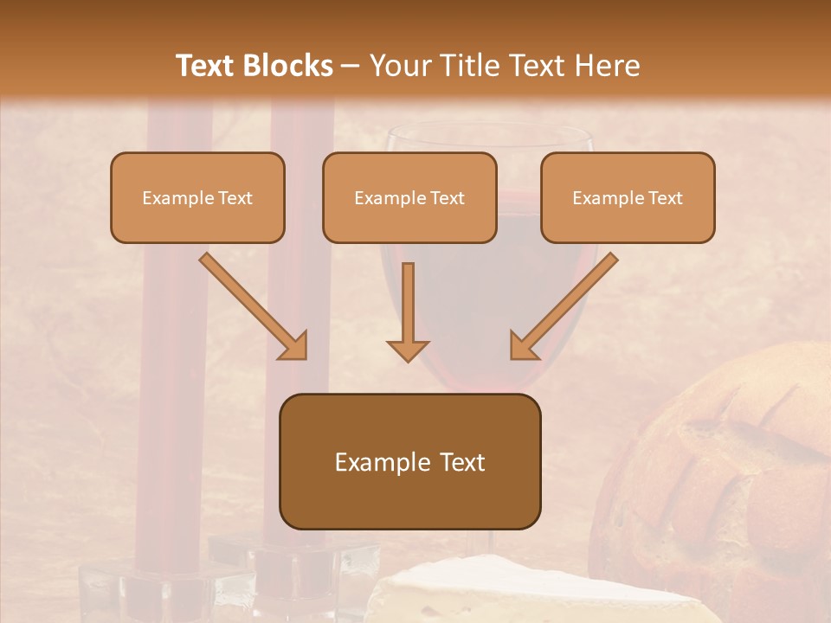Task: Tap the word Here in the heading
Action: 607,66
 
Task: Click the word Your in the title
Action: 398,66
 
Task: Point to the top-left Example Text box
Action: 197,197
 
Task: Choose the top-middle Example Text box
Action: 409,197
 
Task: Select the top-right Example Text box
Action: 628,197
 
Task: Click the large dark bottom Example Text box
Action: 409,461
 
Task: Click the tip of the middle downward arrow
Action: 408,358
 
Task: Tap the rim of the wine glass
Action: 490,130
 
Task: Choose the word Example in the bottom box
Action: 378,462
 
